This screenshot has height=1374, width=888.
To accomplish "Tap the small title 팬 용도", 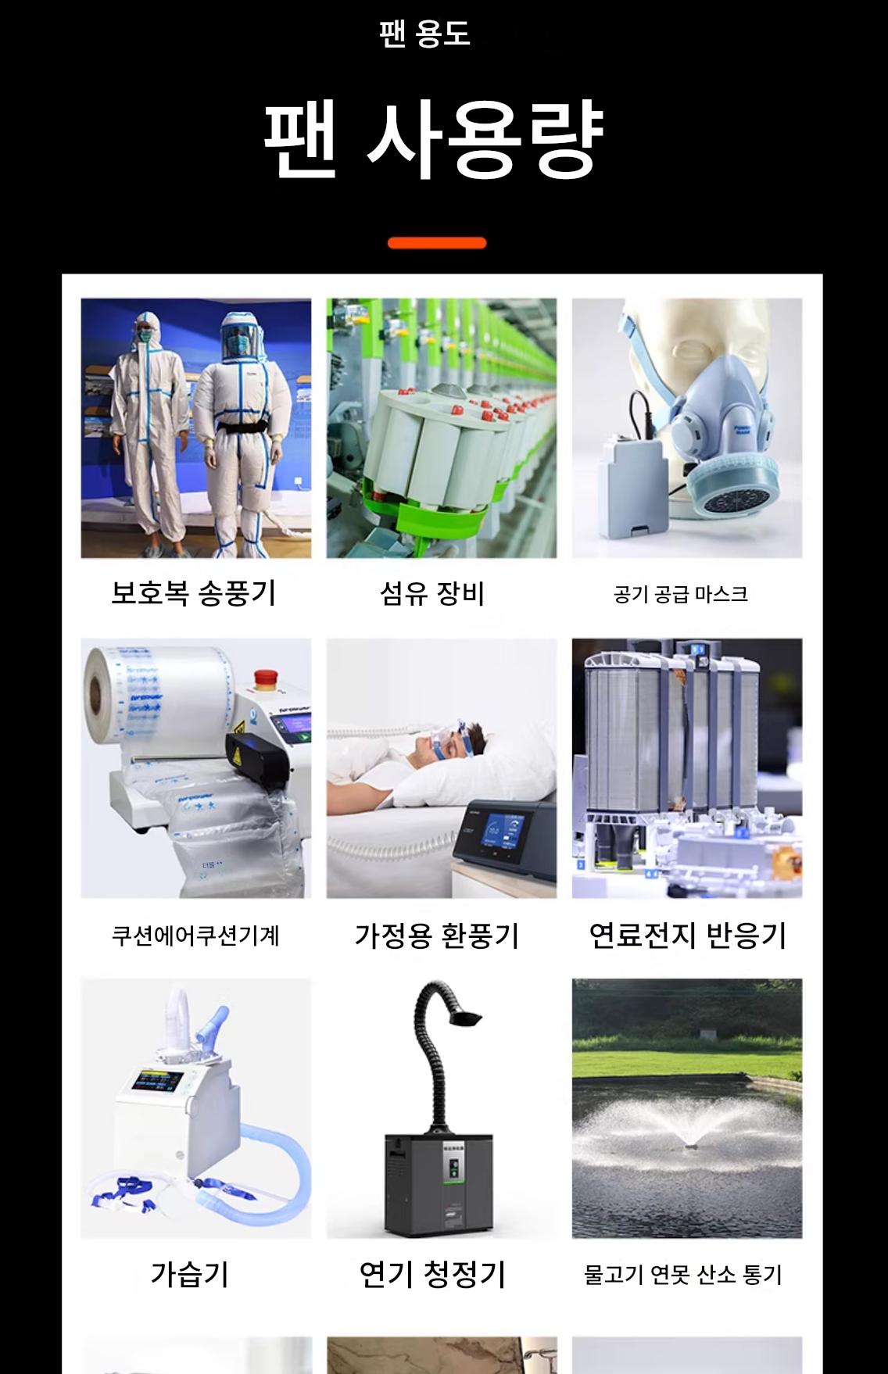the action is [424, 34].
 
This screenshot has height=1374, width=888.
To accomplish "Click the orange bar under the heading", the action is [437, 243].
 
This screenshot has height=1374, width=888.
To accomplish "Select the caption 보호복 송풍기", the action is [194, 593].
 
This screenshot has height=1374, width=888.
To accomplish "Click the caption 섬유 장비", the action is [432, 593].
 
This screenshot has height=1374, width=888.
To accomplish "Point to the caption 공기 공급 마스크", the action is [681, 595].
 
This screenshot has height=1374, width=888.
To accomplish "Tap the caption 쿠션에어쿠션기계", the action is [195, 936].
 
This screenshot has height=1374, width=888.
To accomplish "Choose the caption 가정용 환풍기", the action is [437, 935].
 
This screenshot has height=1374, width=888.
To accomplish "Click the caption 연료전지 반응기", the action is [687, 935].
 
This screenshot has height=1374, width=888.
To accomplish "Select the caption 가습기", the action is [190, 1274].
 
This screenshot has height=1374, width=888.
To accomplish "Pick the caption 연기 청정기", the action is [432, 1274].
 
